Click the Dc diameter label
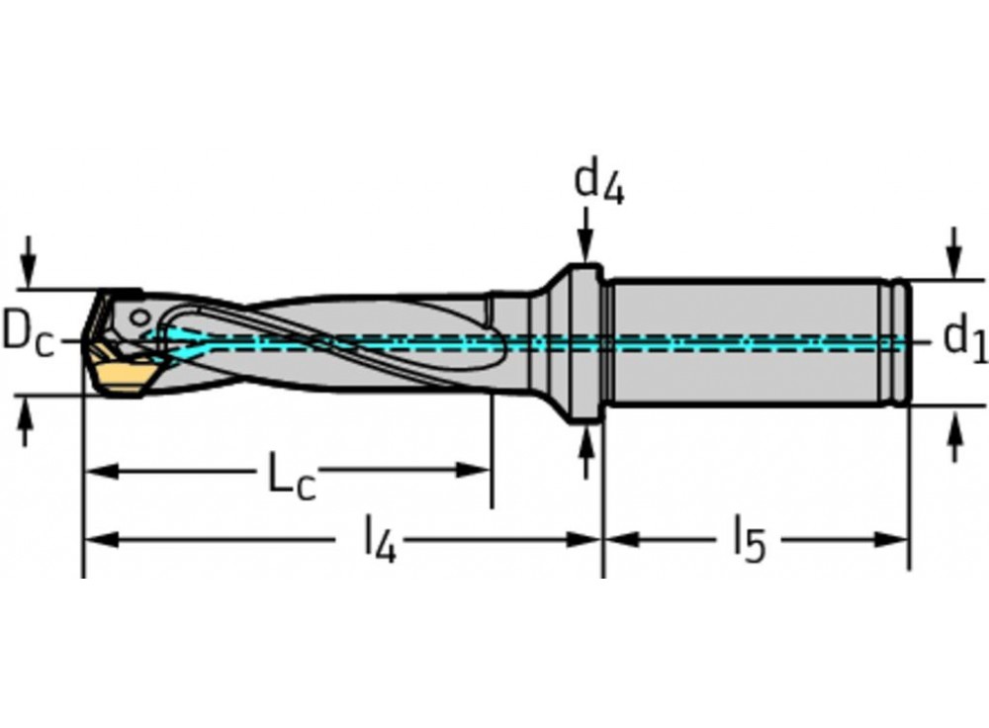(27, 334)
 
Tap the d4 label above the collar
(598, 182)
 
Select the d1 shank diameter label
(963, 339)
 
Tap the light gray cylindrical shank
(752, 341)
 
